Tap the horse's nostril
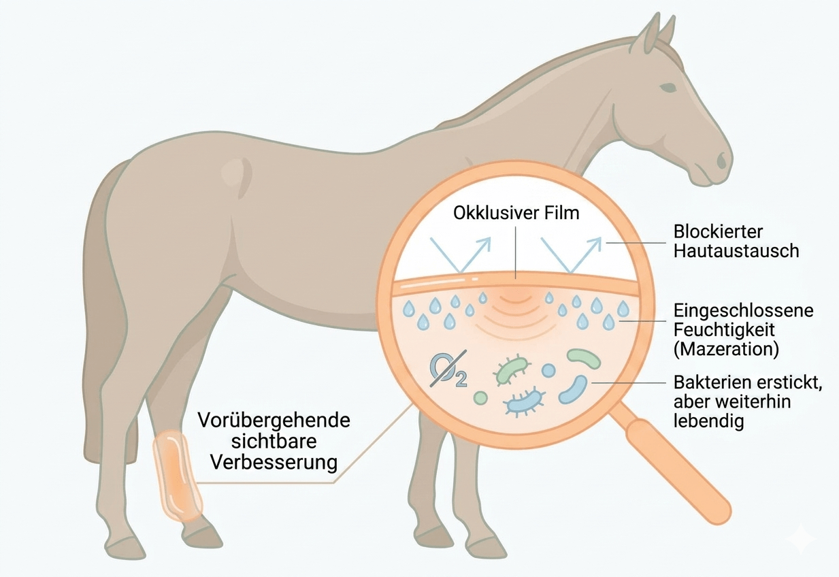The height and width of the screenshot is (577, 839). (x=722, y=161)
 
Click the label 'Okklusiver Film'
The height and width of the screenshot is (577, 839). (x=516, y=213)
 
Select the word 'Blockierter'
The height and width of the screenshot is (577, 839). (x=718, y=232)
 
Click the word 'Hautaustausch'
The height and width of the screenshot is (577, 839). (x=736, y=251)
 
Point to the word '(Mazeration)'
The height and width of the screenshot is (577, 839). (x=726, y=350)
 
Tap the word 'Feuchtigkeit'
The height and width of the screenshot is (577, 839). (x=724, y=330)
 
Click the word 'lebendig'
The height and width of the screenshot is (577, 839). (x=708, y=421)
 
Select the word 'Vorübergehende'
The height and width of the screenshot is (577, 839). (x=274, y=420)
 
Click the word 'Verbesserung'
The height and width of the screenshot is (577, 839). (x=274, y=463)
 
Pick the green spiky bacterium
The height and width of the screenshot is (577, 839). (x=512, y=369)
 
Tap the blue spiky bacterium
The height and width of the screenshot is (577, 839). (x=524, y=403)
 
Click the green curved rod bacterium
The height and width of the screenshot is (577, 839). (x=584, y=358)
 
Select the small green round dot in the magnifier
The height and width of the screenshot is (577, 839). (x=481, y=397)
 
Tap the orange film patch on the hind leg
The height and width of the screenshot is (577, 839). (x=177, y=476)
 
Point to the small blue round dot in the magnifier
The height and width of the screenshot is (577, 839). (x=548, y=371)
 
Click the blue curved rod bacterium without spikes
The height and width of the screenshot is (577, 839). (x=574, y=390)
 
